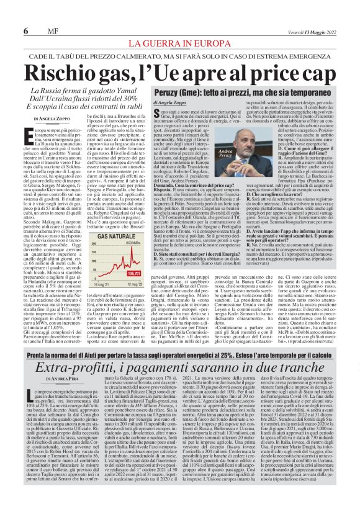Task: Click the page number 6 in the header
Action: [25, 31]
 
